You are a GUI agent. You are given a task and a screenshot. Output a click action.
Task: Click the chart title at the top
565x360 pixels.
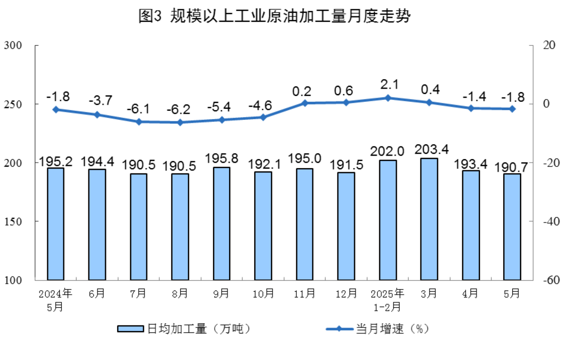point(274,16)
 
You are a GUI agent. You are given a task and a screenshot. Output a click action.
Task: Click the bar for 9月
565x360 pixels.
point(222,223)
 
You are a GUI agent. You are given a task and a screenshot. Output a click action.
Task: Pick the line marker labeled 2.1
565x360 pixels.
point(388,98)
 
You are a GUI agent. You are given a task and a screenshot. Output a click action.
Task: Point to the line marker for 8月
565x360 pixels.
point(180,122)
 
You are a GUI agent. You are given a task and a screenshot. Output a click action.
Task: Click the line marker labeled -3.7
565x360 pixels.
point(97,115)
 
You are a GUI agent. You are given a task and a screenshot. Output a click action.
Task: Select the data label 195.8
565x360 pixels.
point(222,159)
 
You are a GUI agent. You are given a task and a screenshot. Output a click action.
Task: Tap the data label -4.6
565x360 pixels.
point(260,106)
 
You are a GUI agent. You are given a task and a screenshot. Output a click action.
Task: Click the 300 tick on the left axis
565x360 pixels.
point(13,45)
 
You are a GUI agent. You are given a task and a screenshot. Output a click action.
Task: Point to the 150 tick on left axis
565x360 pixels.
point(13,221)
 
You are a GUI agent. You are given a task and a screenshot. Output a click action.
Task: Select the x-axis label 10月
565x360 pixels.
point(263,294)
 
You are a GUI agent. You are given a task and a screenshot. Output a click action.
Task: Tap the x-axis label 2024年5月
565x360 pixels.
point(55,300)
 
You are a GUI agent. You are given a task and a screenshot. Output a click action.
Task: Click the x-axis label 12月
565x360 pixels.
point(346,294)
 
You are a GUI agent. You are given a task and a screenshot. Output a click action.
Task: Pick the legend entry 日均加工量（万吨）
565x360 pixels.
point(184,329)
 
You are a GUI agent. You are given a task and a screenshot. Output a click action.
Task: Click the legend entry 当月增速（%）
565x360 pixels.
point(378,329)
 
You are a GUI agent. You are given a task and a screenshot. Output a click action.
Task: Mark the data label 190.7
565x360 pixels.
point(511,167)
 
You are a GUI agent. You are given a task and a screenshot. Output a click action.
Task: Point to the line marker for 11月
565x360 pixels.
point(305,103)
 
